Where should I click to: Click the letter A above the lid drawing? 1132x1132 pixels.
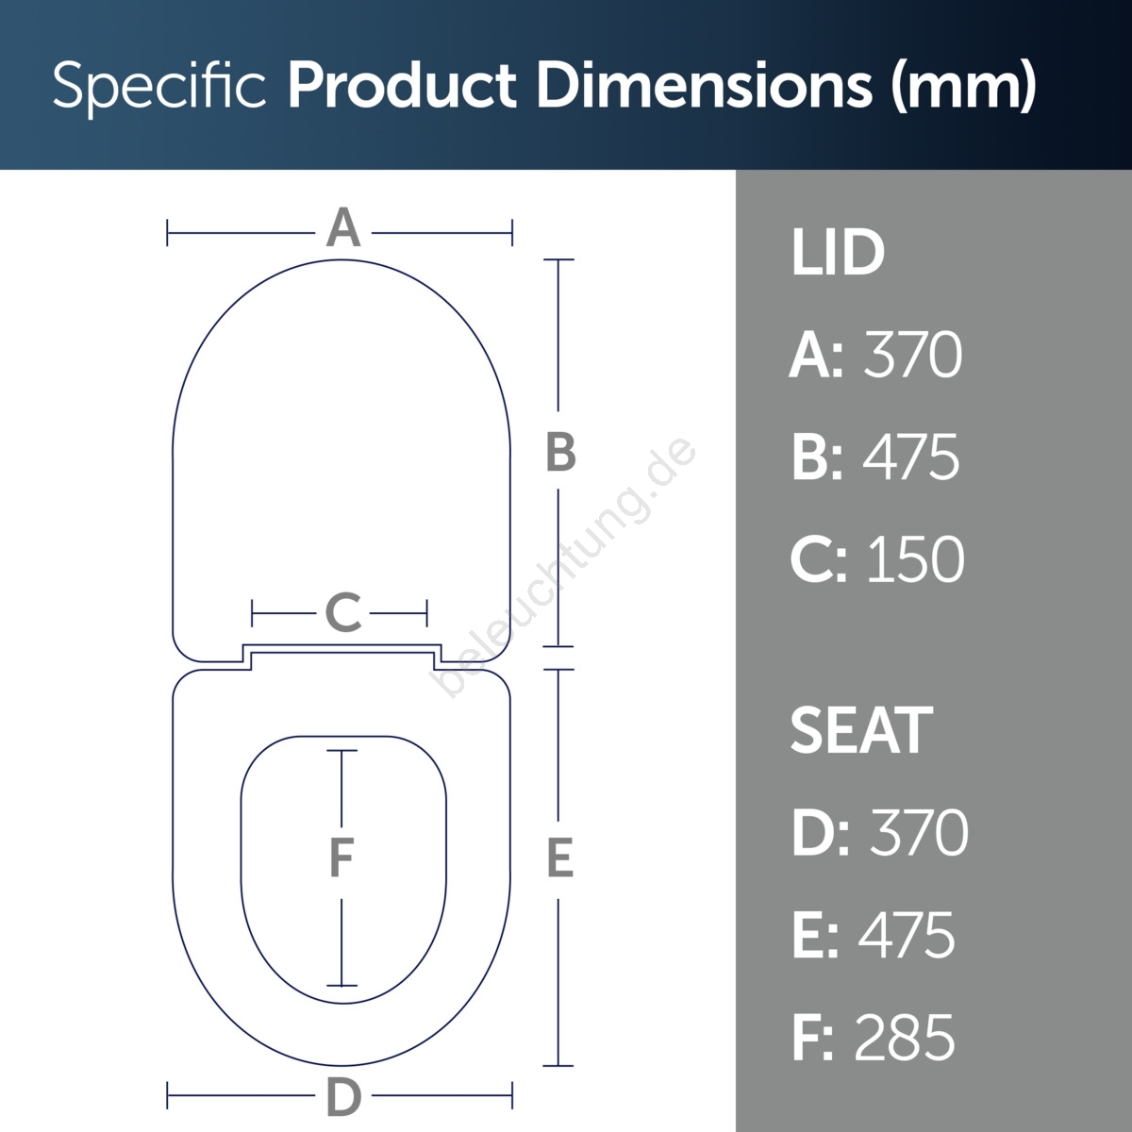tap(343, 227)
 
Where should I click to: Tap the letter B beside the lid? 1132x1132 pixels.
tap(560, 453)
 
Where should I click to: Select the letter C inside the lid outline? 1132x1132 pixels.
tap(343, 612)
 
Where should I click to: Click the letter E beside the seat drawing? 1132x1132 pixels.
tap(559, 858)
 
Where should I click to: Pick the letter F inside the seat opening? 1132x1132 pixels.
tap(341, 857)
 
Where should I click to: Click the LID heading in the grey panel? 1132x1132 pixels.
tap(837, 253)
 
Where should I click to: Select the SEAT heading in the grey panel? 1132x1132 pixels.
tap(861, 730)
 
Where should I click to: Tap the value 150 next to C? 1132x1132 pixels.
tap(915, 559)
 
